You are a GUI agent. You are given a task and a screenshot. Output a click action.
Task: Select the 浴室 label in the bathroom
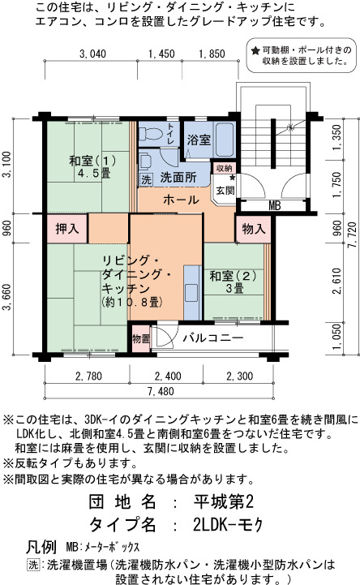coord(199,140)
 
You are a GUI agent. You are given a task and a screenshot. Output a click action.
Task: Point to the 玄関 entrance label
coord(225,191)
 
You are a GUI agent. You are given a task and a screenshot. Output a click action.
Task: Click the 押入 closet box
coord(67,228)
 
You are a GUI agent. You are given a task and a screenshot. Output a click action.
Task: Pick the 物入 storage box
coord(254,229)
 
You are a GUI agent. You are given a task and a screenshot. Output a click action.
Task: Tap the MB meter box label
coord(274,205)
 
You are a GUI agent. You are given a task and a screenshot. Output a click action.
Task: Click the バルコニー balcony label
coord(212,338)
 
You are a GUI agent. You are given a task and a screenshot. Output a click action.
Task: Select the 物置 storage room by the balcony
coord(141,339)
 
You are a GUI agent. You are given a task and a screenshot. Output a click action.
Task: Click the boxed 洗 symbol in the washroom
coord(146,180)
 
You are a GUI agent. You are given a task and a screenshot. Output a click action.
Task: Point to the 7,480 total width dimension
coord(161,391)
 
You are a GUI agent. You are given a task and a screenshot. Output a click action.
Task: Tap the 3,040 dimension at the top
coord(92,54)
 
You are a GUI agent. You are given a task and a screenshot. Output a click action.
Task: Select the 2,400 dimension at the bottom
coord(167,376)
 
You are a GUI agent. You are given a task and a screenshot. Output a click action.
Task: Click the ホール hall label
coord(181,200)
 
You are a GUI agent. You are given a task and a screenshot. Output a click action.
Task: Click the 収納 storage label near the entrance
coord(225,168)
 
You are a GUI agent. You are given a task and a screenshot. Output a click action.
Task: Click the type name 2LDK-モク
coord(228,525)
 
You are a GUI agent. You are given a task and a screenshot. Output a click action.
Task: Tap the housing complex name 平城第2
coord(224,502)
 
